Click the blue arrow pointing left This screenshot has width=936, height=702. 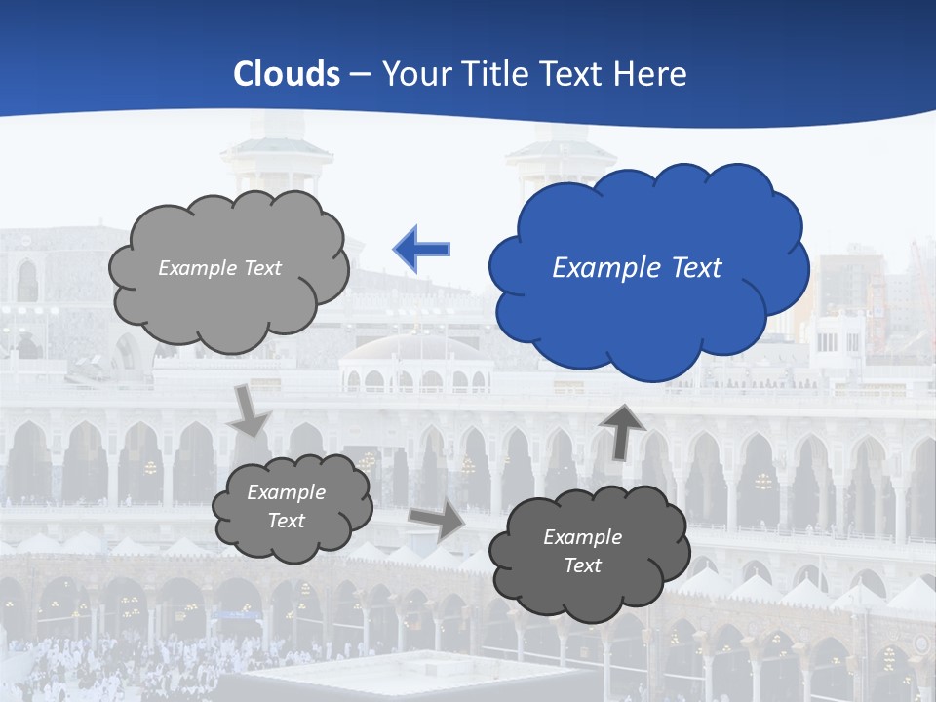421,250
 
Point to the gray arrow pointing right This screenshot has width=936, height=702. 436,522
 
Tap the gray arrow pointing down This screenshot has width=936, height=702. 250,410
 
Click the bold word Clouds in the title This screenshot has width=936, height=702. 287,74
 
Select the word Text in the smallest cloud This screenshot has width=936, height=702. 287,521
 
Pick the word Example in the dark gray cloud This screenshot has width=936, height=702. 582,537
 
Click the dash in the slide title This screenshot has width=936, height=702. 360,74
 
